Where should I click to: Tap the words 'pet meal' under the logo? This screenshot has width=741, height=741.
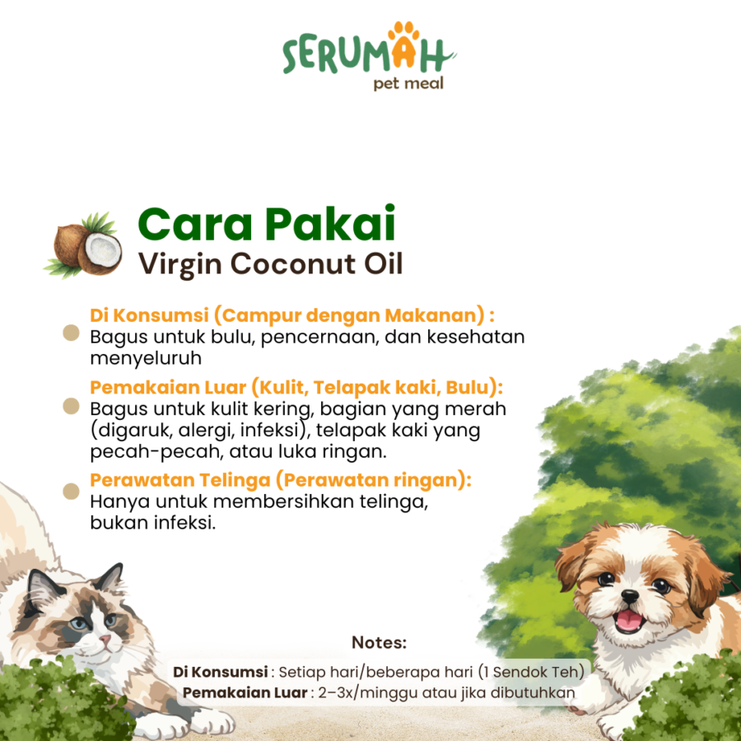pyautogui.click(x=408, y=82)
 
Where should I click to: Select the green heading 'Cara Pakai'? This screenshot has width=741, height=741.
pyautogui.click(x=267, y=223)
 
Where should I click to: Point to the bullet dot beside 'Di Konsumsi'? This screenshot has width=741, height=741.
pyautogui.click(x=72, y=333)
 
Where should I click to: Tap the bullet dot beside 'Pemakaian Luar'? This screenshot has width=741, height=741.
pyautogui.click(x=72, y=406)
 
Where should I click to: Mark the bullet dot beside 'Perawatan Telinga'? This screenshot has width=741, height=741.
pyautogui.click(x=72, y=491)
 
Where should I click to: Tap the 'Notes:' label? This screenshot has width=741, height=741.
pyautogui.click(x=379, y=642)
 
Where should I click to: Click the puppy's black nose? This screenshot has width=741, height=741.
pyautogui.click(x=631, y=596)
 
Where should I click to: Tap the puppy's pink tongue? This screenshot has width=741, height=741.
pyautogui.click(x=629, y=621)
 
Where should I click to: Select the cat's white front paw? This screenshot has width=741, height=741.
pyautogui.click(x=177, y=725)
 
